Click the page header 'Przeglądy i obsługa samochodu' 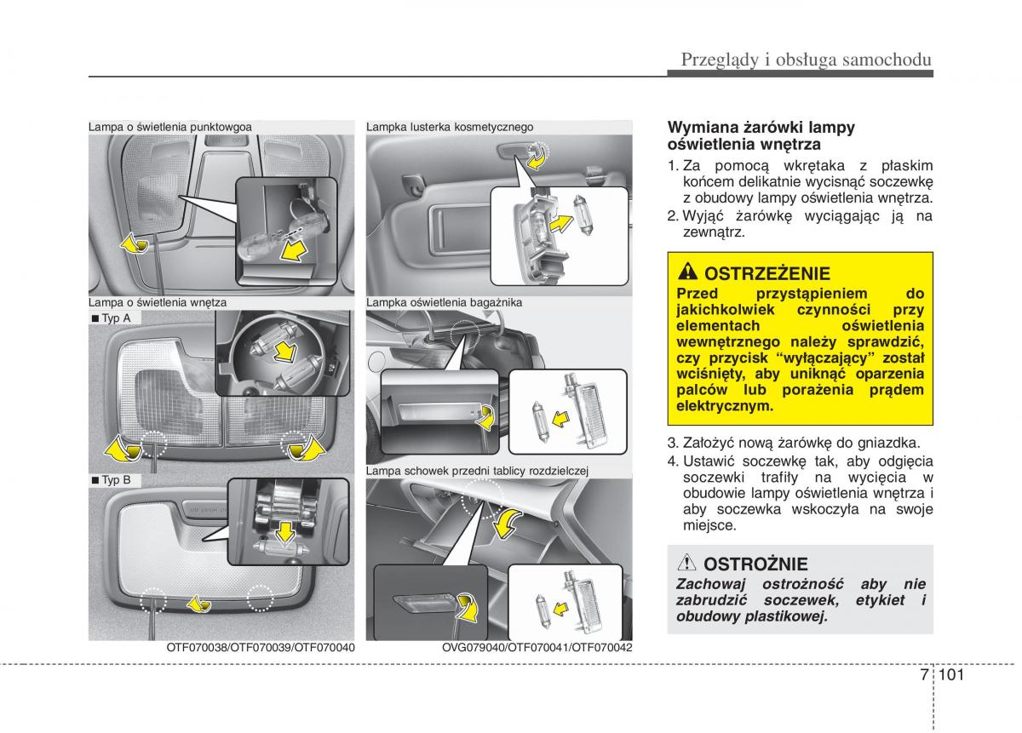click(x=805, y=59)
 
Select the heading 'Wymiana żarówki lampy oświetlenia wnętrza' click(x=761, y=135)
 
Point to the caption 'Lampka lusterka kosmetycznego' click(x=450, y=127)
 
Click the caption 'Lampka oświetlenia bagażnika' click(x=444, y=302)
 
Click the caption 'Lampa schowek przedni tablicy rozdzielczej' click(x=478, y=470)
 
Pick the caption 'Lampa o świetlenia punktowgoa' click(x=169, y=127)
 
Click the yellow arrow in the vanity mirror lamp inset click(x=558, y=224)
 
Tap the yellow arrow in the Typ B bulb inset click(x=284, y=533)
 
